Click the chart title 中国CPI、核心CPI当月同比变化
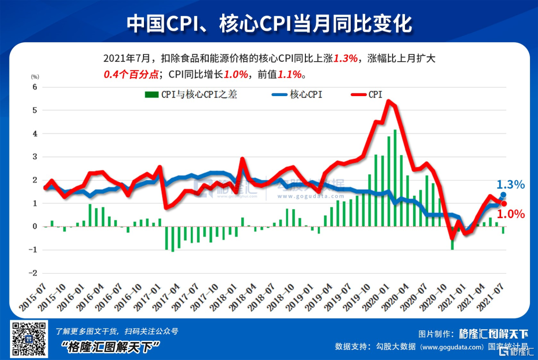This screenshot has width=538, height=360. [269, 23]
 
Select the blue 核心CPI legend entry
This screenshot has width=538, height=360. [297, 95]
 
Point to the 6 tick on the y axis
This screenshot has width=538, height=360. [35, 87]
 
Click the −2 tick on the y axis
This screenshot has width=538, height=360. [33, 273]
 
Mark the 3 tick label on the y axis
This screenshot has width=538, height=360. [35, 157]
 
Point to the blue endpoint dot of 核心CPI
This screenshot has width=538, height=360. [503, 195]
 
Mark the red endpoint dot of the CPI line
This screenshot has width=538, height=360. [504, 203]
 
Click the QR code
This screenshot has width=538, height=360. [29, 339]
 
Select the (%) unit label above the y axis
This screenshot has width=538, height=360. [34, 77]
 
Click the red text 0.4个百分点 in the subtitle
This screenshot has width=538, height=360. [131, 74]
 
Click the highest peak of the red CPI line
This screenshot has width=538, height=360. [389, 102]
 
